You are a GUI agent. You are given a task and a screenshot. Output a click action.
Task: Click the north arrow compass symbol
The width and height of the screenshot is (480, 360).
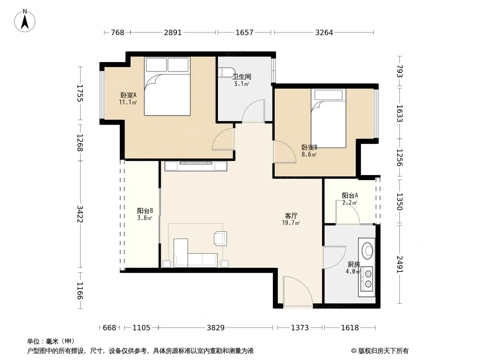click(25, 21)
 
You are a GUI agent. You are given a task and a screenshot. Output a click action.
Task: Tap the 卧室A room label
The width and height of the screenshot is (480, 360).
click(128, 95)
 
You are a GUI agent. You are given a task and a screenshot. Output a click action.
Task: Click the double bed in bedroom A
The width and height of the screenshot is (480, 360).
click(167, 86)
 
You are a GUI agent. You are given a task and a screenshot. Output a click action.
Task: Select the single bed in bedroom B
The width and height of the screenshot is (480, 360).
click(328, 118)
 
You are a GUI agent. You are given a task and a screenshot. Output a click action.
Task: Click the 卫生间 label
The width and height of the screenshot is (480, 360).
click(241, 76)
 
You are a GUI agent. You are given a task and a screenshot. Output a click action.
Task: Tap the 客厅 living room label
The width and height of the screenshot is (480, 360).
click(291, 216)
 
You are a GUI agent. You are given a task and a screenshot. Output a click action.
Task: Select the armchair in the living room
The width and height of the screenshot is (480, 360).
click(220, 238)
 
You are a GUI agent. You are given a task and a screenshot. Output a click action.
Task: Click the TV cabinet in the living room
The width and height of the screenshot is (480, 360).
click(196, 166)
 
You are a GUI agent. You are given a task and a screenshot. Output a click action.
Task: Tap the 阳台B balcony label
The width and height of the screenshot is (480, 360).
click(145, 211)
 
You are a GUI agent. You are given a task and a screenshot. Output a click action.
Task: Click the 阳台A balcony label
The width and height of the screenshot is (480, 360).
click(350, 195)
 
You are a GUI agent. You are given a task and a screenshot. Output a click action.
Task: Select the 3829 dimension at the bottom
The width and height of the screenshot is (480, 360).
click(216, 328)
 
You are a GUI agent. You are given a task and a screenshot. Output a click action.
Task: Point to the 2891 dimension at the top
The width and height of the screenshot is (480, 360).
click(173, 32)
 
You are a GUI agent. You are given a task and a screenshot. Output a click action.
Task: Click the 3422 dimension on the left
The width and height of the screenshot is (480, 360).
click(80, 214)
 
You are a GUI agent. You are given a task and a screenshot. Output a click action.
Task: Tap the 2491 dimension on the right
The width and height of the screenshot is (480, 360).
click(399, 264)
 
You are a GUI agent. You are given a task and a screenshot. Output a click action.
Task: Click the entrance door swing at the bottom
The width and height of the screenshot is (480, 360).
click(298, 291)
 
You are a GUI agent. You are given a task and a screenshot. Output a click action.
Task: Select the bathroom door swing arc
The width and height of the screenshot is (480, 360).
click(253, 111)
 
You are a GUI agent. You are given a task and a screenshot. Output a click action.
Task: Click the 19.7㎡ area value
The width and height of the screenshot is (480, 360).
click(291, 223)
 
